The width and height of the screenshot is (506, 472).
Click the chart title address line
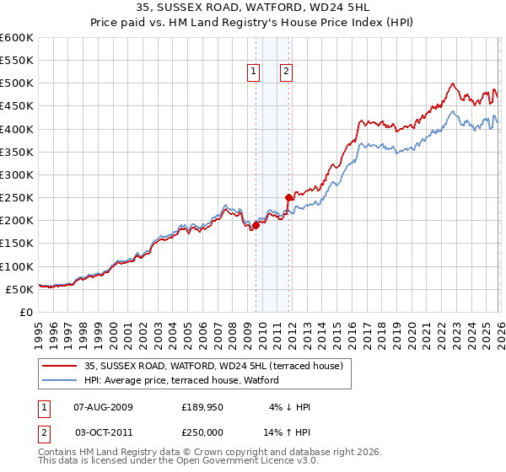[x=252, y=8]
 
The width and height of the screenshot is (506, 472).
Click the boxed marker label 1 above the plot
[x=254, y=72]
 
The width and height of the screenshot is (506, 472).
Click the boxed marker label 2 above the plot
[x=287, y=72]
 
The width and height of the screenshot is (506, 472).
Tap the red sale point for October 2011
[x=288, y=198]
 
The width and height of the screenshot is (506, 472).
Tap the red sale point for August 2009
[x=256, y=225]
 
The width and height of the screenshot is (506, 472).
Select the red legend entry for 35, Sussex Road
[x=213, y=366]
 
